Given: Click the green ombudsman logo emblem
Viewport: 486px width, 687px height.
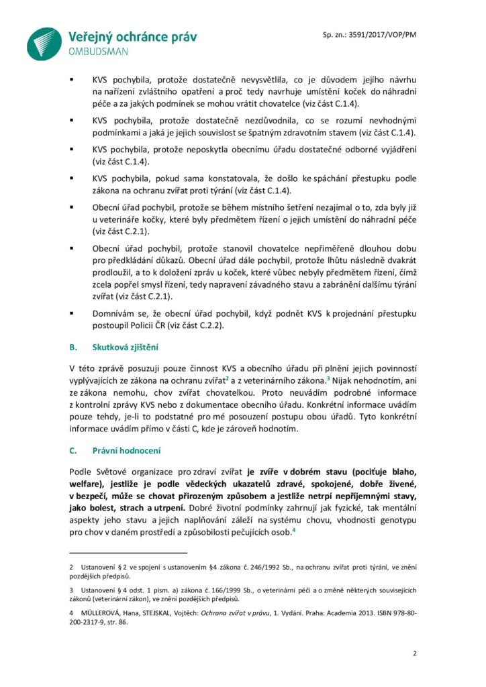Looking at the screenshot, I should point(44,44).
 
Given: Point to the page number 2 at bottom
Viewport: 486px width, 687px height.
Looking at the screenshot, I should point(414,653).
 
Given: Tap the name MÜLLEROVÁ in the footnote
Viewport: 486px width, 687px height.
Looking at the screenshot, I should point(102,612).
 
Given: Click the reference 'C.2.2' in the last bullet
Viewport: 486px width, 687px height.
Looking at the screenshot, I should point(207,326).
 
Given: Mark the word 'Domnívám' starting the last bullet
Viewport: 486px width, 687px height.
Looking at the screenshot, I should point(114,313).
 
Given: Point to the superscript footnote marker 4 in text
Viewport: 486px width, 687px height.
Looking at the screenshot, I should point(294,531).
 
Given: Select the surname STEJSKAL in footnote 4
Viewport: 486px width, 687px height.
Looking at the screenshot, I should point(148,612).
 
